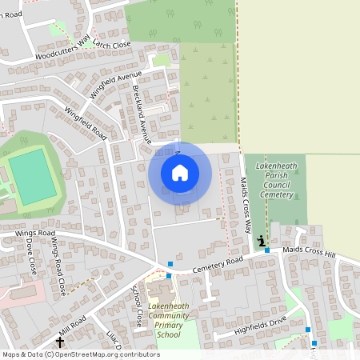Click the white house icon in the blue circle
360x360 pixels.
180,173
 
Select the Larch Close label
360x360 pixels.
111,44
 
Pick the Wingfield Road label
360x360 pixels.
86,123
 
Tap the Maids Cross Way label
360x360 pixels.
245,200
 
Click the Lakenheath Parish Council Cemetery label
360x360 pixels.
275,180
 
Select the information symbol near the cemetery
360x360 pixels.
261,241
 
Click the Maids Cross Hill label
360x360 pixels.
302,253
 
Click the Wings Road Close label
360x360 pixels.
58,265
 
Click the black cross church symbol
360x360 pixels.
58,342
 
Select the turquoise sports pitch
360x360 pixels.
33,177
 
